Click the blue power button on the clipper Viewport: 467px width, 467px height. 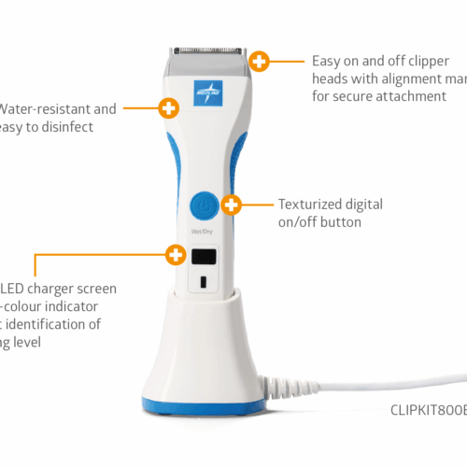coord(203,205)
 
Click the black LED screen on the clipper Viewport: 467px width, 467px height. coord(204,256)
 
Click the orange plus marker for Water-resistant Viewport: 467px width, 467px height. coord(168,107)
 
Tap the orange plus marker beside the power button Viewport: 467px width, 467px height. coord(233,204)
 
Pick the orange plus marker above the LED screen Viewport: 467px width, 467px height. coord(175,253)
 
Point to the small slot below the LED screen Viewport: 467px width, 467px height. coord(203,281)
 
